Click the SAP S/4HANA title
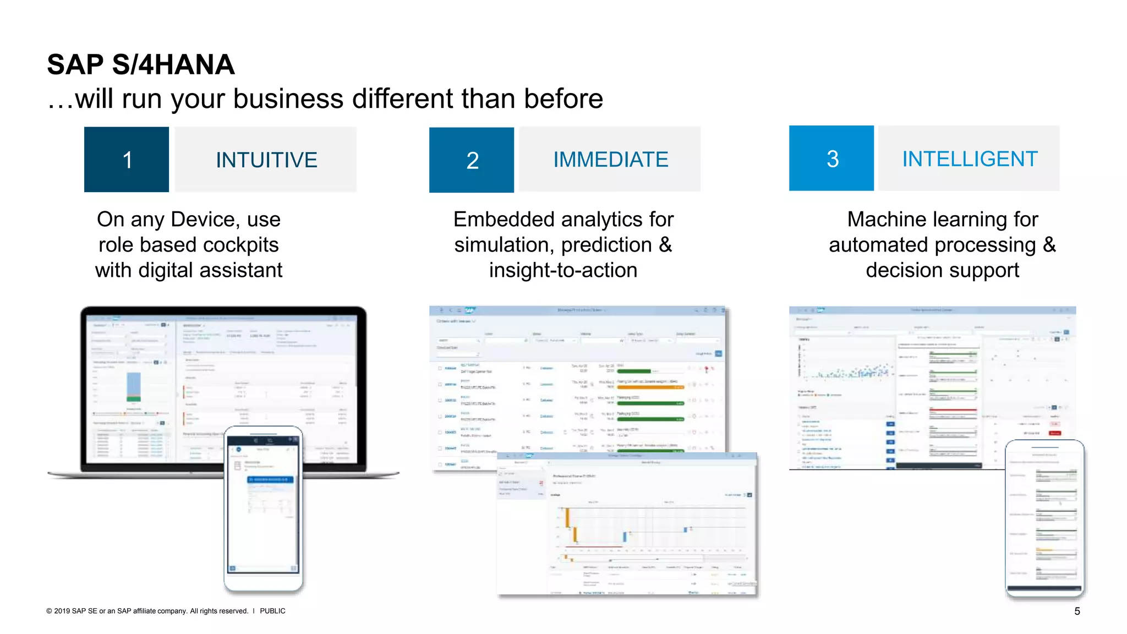pos(141,65)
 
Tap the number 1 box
pos(127,160)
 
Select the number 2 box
pos(472,160)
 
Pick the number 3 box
pos(831,158)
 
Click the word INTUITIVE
pos(266,160)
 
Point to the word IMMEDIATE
pos(610,160)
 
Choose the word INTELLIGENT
pos(970,159)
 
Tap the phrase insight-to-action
pos(563,270)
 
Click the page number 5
pos(1077,611)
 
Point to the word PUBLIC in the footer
pos(272,611)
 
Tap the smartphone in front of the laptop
pos(264,509)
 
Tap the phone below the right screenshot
pos(1044,517)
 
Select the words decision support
pos(942,270)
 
